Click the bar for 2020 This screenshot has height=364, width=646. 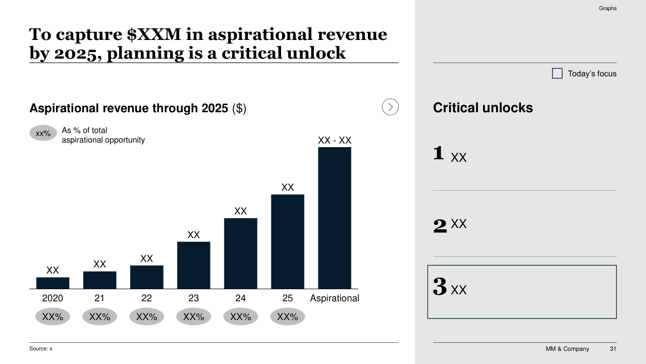point(52,283)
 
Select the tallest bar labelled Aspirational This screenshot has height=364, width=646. point(334,218)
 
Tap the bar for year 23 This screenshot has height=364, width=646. point(193,265)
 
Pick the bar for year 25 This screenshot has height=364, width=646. point(287,242)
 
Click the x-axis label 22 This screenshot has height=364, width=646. point(146,298)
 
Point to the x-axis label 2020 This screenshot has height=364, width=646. point(52,298)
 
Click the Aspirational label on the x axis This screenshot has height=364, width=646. point(334,298)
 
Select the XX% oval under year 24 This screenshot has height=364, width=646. point(240,317)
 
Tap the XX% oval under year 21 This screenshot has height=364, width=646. point(99,317)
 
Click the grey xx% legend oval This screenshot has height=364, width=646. point(43,133)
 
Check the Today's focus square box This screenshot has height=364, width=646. point(557,74)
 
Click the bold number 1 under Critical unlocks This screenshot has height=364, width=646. point(439,153)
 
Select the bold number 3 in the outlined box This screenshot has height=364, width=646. point(440,287)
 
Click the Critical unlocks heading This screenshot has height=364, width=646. point(482,108)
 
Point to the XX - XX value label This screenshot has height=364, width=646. point(334,141)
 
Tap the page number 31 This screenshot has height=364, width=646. point(613,349)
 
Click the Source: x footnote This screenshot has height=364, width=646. point(41,349)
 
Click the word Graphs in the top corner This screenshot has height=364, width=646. point(608,9)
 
